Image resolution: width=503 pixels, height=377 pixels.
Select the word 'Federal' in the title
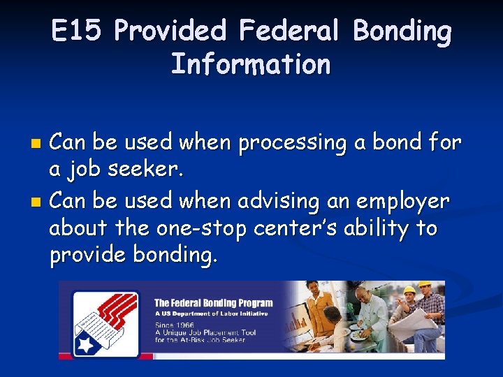[289, 31]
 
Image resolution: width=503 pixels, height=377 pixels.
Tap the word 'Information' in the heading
[251, 64]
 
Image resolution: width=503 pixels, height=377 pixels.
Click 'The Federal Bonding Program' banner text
[213, 303]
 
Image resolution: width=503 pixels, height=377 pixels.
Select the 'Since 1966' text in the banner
[175, 325]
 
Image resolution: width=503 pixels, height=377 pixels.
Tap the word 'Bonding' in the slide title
[402, 31]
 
